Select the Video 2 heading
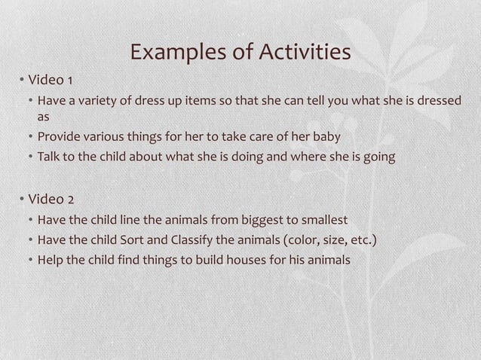coord(51,200)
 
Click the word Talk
coord(50,157)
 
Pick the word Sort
coord(136,241)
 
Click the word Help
coord(51,261)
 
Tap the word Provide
coord(61,137)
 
